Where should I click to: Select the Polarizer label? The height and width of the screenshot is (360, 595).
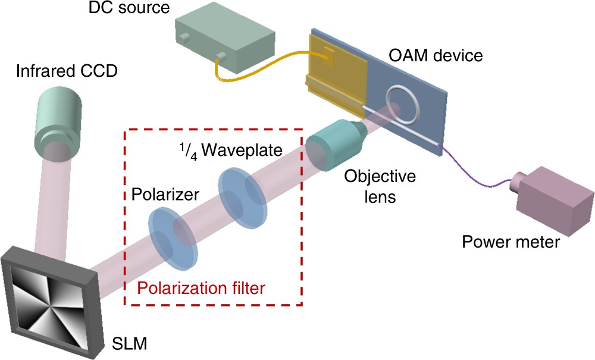(x=157, y=196)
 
